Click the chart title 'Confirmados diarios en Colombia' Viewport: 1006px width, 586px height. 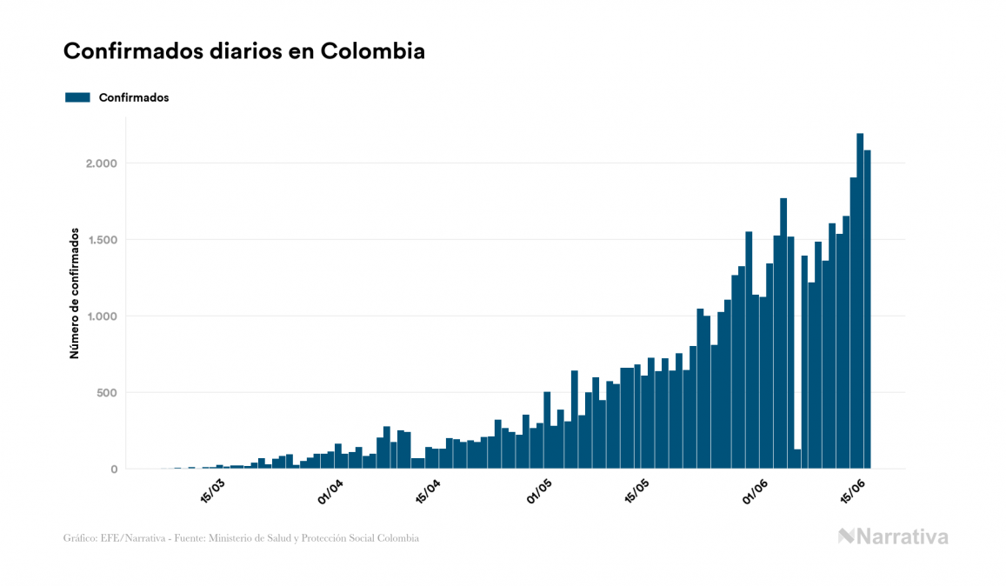click(244, 51)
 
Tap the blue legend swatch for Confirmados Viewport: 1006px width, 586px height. click(78, 97)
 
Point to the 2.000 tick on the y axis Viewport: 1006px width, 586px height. click(100, 163)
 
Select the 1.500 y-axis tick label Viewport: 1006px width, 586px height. click(100, 240)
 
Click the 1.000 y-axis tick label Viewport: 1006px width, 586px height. click(100, 316)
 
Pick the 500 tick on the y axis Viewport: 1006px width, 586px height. click(106, 393)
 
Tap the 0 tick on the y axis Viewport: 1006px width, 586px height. click(113, 469)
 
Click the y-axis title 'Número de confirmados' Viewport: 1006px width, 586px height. click(75, 294)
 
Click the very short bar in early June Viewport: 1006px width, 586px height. click(797, 459)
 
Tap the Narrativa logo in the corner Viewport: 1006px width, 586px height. click(893, 536)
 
